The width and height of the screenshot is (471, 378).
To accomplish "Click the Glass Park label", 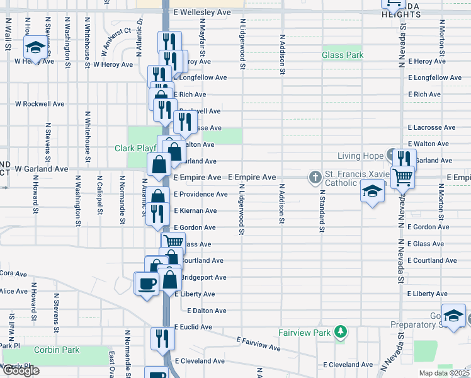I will pyautogui.click(x=343, y=55).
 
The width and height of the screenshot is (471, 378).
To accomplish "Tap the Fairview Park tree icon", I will pyautogui.click(x=341, y=331).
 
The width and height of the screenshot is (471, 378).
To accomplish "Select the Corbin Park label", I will pyautogui.click(x=57, y=350).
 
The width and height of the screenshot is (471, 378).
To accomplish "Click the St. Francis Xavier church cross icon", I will pyautogui.click(x=315, y=177).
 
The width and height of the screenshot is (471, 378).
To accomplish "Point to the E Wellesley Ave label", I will pyautogui.click(x=202, y=12).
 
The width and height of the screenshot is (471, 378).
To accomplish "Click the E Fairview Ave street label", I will pyautogui.click(x=258, y=343).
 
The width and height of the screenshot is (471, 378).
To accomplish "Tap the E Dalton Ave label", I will pyautogui.click(x=207, y=311).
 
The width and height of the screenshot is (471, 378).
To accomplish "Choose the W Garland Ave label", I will pyautogui.click(x=42, y=169).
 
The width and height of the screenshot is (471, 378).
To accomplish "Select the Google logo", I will pyautogui.click(x=20, y=370).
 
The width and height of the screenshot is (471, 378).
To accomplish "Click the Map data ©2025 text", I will pyautogui.click(x=445, y=373).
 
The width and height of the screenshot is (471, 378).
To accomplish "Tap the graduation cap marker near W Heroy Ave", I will pyautogui.click(x=35, y=48).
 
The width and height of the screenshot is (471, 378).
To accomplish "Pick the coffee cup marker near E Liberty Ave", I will pyautogui.click(x=147, y=283).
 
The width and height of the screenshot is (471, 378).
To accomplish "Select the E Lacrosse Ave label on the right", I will pyautogui.click(x=431, y=127).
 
